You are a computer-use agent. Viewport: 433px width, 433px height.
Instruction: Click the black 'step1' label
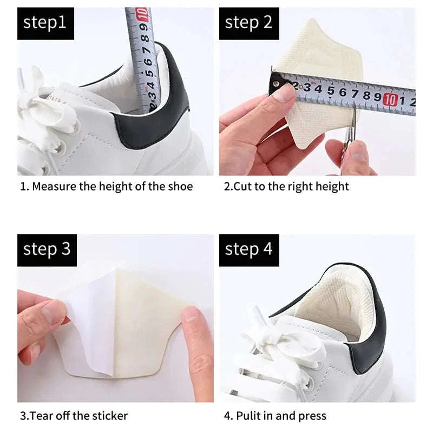(x=44, y=23)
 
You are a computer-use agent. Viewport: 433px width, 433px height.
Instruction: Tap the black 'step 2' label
(x=248, y=23)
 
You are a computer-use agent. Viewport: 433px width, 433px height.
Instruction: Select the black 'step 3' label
(x=47, y=250)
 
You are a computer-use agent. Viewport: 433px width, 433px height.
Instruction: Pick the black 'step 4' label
(x=248, y=250)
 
